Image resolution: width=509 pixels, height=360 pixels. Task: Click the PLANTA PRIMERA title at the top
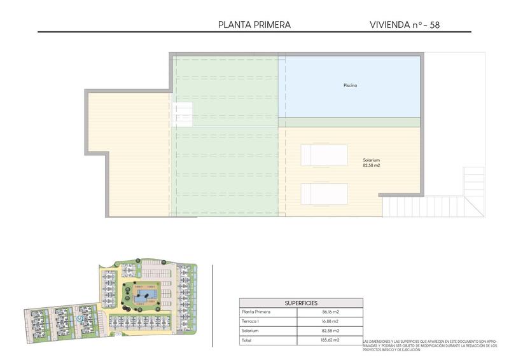tap(254, 25)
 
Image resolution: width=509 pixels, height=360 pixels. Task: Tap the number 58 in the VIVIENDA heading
tap(434, 25)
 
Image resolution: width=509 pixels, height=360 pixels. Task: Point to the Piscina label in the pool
tap(349, 85)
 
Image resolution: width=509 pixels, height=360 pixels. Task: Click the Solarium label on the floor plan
tap(372, 160)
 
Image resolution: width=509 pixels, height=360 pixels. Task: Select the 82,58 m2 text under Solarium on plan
tap(372, 165)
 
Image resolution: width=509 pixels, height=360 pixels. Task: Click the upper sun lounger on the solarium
tap(324, 155)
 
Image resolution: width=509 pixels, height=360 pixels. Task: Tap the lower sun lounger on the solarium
tap(324, 193)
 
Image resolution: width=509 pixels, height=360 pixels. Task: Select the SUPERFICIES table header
tap(301, 303)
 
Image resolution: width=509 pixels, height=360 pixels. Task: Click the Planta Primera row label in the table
tap(256, 312)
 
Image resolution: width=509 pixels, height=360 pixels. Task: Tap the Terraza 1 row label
tap(251, 322)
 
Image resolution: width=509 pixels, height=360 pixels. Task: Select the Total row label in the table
tap(248, 341)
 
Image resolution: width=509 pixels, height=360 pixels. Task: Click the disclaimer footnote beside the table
tap(429, 345)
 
